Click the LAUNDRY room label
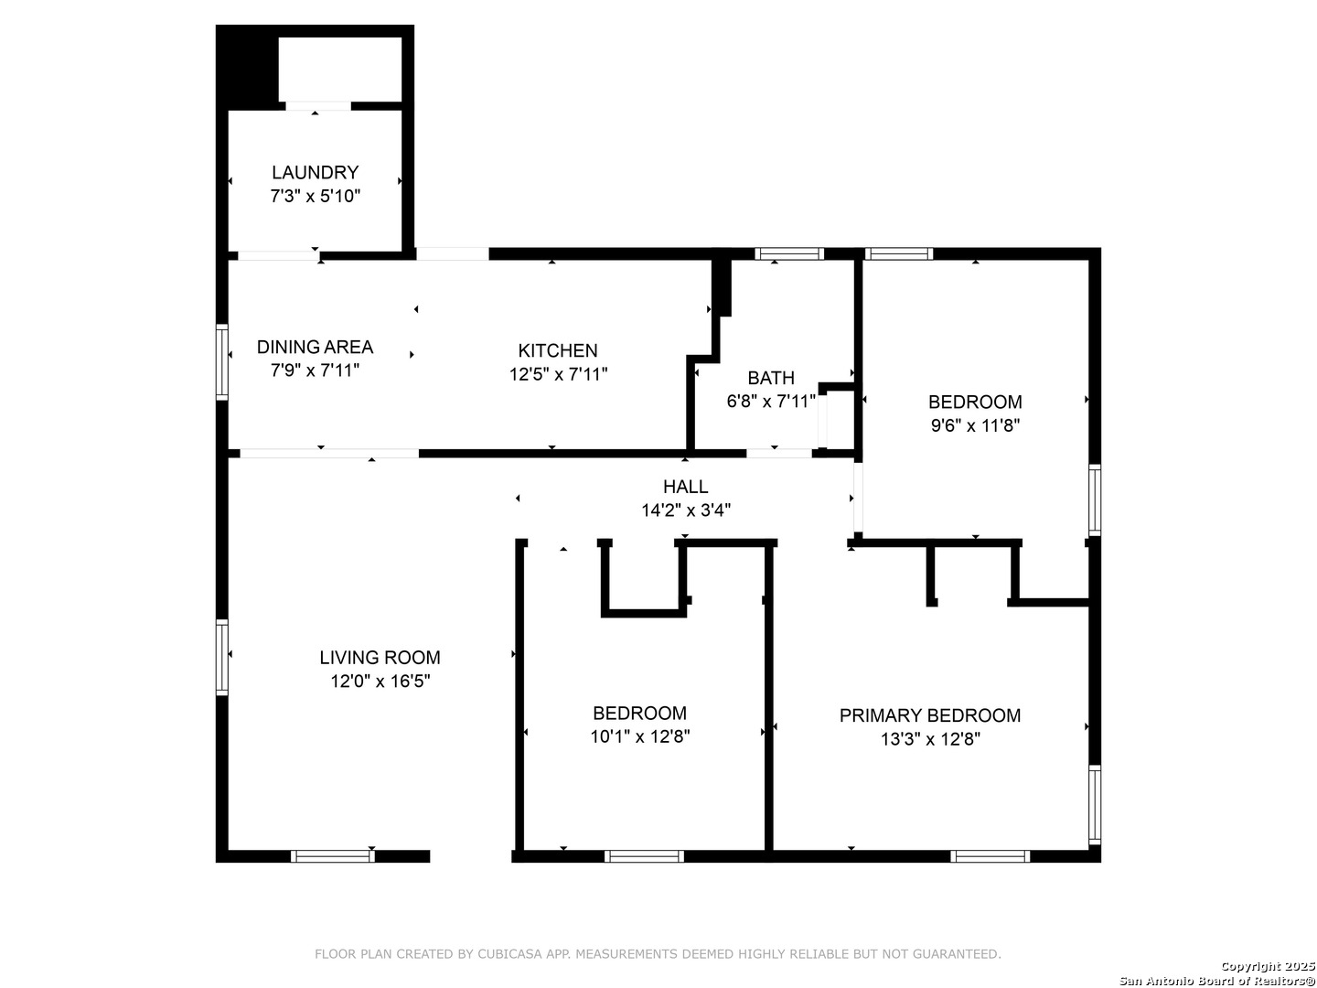coord(315,173)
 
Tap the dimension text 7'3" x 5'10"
coord(315,196)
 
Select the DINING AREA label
coord(315,347)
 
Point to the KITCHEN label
coord(558,350)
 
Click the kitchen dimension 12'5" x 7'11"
coord(558,374)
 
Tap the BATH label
coord(771,378)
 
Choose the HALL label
coord(685,487)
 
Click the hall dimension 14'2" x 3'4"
coord(685,510)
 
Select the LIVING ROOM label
coord(380,658)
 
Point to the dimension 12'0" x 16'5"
coord(380,682)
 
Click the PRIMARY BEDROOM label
coord(930,715)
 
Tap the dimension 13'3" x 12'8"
coord(930,739)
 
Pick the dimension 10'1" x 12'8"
coord(639,736)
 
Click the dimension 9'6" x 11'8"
coord(975,426)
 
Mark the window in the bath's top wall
coord(789,253)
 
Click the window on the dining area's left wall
coord(222,361)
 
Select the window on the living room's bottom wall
coord(333,856)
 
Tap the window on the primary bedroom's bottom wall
coord(990,856)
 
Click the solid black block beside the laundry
coord(247,67)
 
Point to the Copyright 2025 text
coord(1268,966)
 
